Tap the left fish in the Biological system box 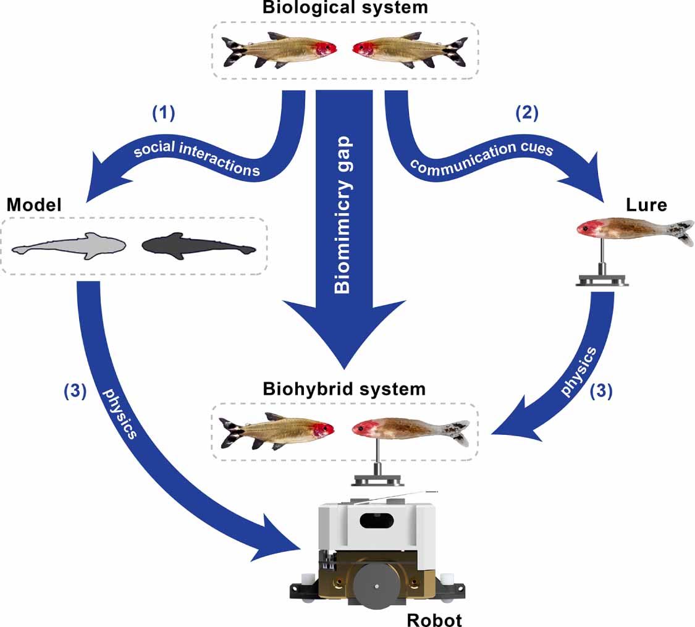(x=279, y=49)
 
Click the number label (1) (x=164, y=113)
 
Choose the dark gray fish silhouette (x=198, y=247)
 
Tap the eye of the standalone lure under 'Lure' (x=584, y=229)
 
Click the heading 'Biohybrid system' (x=344, y=389)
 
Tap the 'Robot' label (x=434, y=618)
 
